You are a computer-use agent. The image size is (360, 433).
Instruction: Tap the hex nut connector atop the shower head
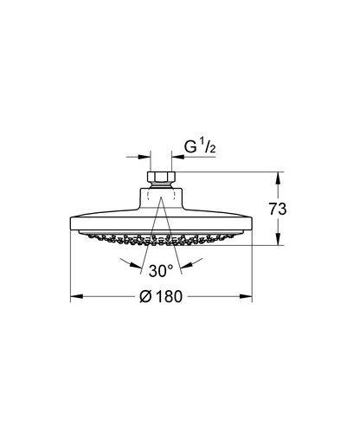click(162, 178)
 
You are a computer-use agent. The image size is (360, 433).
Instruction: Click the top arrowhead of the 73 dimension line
click(278, 177)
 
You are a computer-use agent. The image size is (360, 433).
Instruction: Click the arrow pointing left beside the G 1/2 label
click(179, 158)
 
